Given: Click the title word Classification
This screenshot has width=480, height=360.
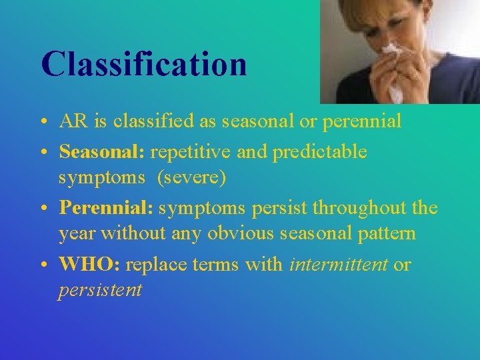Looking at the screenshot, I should coord(143,65).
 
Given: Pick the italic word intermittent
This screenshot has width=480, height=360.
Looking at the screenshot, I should coord(339,265).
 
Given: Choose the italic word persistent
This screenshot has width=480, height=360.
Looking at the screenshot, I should coord(100,291).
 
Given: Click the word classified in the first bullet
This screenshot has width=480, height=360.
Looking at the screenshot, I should coord(145,121).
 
